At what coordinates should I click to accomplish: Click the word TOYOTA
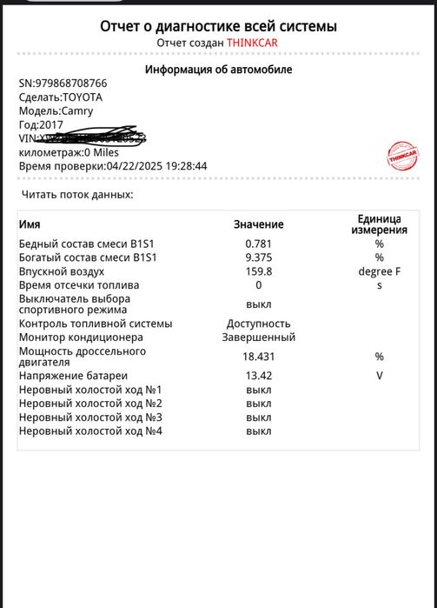(x=83, y=97)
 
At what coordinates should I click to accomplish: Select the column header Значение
(x=258, y=224)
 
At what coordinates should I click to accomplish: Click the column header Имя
(x=30, y=224)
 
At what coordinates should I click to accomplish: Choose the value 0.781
(x=259, y=244)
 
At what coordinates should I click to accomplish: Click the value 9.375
(x=259, y=257)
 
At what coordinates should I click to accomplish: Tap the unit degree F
(x=379, y=271)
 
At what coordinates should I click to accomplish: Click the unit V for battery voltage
(x=379, y=376)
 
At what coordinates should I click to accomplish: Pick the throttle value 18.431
(x=259, y=357)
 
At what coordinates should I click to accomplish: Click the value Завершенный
(x=259, y=337)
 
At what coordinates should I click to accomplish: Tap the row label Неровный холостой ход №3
(x=91, y=418)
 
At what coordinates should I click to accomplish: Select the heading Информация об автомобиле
(x=218, y=70)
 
